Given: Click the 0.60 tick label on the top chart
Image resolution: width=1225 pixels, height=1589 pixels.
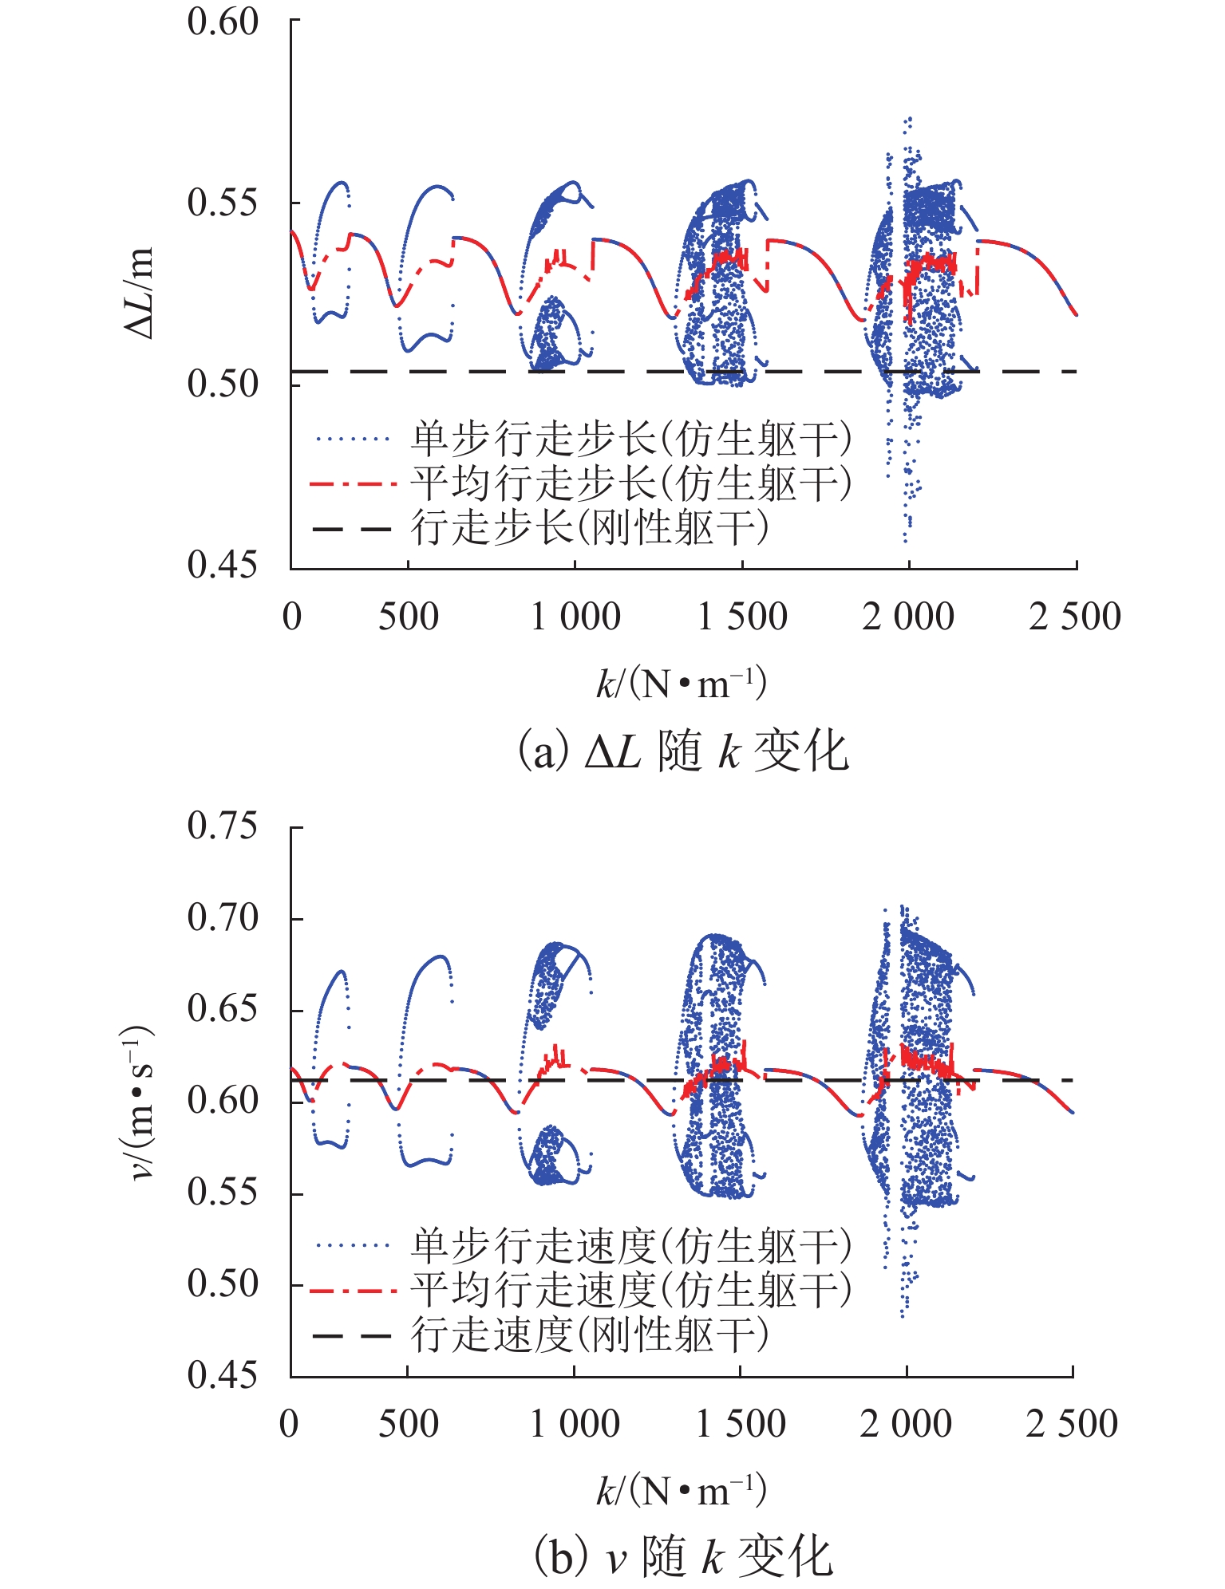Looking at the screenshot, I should [x=223, y=22].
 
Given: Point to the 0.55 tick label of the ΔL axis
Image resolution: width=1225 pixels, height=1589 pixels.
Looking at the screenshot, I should [x=223, y=203].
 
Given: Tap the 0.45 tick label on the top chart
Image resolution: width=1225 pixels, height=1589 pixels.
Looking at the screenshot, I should [x=223, y=565].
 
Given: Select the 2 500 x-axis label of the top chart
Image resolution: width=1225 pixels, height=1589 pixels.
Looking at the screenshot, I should [x=1074, y=617].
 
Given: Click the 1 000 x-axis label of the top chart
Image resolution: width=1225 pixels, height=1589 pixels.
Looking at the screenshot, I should [x=575, y=617].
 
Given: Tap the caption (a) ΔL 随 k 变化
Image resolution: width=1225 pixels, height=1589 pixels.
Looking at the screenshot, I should [x=683, y=752].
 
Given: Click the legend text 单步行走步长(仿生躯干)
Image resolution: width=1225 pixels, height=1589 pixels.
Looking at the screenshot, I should [x=630, y=439].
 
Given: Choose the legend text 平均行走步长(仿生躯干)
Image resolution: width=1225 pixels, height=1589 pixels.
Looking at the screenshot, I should [x=630, y=483].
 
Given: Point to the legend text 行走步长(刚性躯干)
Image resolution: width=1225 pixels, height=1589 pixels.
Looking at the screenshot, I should [x=590, y=527].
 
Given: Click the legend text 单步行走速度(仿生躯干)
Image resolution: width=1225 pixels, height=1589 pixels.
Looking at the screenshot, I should [x=630, y=1245].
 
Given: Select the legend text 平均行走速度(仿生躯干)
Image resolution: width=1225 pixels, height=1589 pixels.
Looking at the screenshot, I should [x=630, y=1289].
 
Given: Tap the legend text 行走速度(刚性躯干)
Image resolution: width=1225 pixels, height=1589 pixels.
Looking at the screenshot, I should [x=590, y=1334].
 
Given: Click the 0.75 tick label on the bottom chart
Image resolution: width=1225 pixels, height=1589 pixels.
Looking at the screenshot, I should [x=223, y=826].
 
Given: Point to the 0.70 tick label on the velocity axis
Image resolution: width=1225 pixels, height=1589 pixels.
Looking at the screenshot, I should [x=223, y=918].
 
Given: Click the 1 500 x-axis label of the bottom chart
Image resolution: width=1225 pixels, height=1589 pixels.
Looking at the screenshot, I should [x=741, y=1424].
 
